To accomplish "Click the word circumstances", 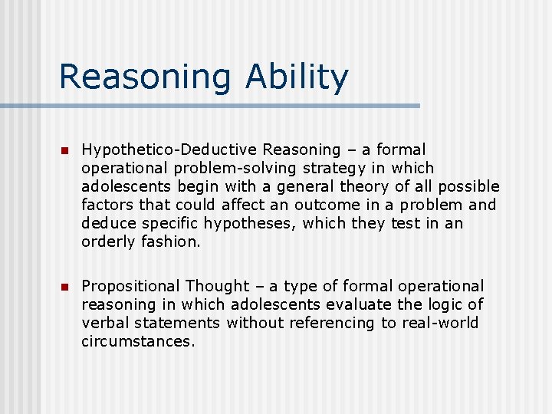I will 138,341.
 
